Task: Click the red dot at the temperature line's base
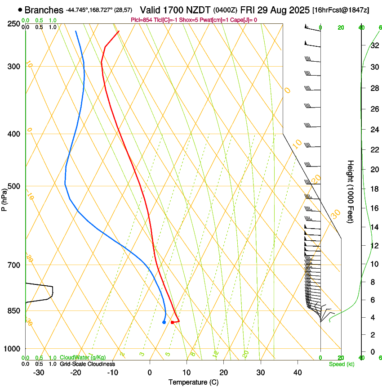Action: tap(172, 322)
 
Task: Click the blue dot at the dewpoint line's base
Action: tap(164, 322)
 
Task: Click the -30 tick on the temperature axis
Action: tap(39, 373)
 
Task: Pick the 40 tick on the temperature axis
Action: tap(298, 373)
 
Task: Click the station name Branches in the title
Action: tap(44, 10)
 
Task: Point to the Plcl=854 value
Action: tap(142, 20)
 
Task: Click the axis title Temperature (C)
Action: tap(193, 382)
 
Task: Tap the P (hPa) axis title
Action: tap(4, 198)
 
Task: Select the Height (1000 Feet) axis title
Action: tap(351, 191)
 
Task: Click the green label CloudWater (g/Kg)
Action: tap(83, 357)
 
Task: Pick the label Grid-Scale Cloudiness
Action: tap(87, 364)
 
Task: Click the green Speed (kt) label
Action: tap(342, 364)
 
